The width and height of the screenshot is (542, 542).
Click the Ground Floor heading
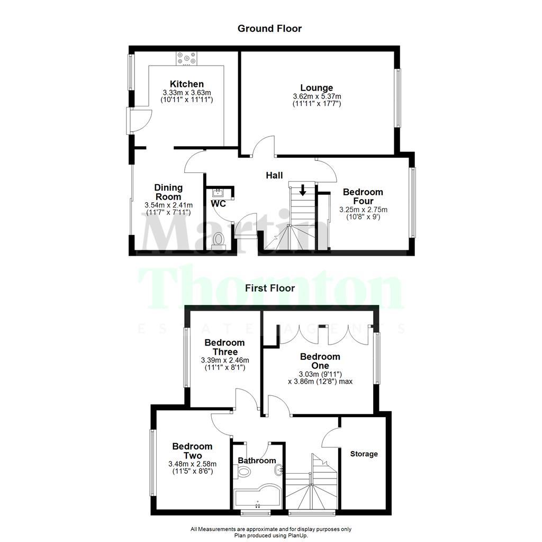coord(269,29)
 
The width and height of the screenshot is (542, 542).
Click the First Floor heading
coord(270,288)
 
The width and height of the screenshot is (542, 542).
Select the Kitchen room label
coord(186,84)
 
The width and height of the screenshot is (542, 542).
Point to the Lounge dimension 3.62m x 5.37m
coord(317,97)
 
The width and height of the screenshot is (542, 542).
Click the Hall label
coord(274,176)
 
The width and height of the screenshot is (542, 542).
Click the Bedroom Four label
coord(363,196)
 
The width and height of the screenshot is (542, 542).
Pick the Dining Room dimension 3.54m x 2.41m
coord(168,205)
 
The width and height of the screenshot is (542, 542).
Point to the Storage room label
coord(364,454)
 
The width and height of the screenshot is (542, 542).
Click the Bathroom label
coord(257,460)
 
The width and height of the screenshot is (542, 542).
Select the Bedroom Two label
coord(193,451)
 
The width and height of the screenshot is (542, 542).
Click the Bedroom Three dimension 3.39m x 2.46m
coord(224,360)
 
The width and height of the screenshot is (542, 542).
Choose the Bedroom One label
coord(320,361)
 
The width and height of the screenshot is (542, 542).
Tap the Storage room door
coord(330,437)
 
